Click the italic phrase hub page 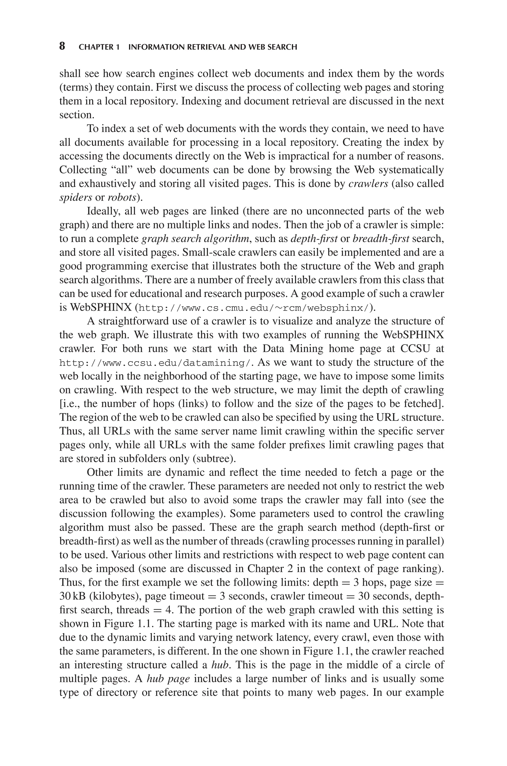coord(168,679)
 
